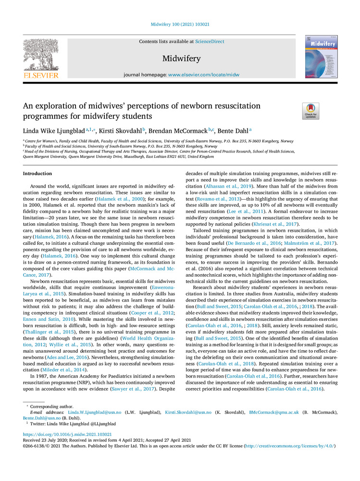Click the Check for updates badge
[x=310, y=111]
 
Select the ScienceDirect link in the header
[x=210, y=42]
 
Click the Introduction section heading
[x=37, y=174]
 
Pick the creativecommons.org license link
[x=289, y=446]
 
